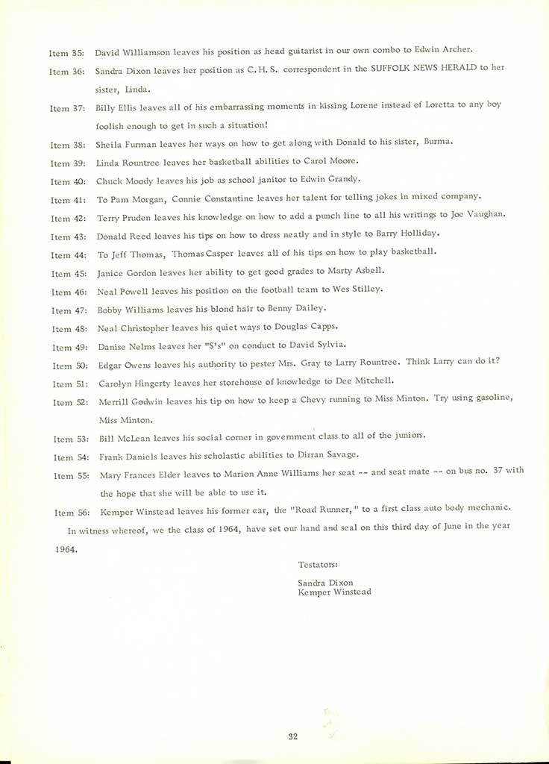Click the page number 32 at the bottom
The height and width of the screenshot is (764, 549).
(x=292, y=737)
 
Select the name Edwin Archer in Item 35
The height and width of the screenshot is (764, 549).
(x=448, y=51)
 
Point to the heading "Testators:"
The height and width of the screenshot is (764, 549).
(x=318, y=565)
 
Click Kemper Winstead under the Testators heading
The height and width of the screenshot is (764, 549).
(x=334, y=592)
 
